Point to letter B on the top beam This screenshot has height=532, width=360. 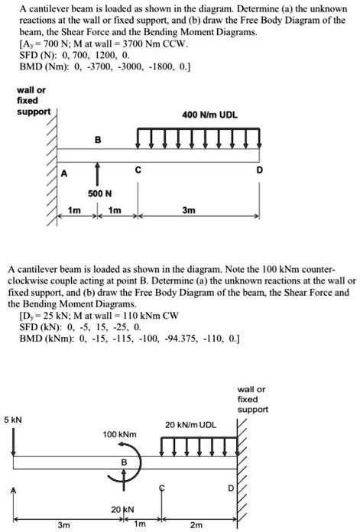point(97,140)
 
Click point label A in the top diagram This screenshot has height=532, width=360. point(65,174)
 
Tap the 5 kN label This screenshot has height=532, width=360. point(14,420)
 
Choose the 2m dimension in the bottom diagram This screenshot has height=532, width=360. point(198,525)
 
